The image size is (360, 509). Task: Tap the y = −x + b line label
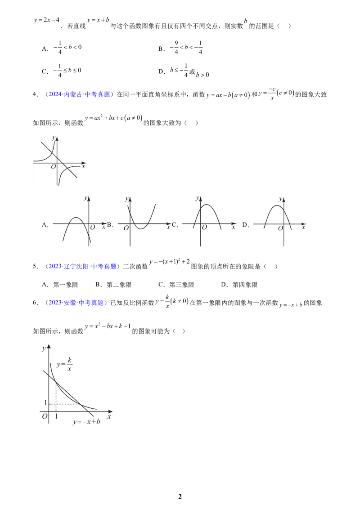pyautogui.click(x=86, y=422)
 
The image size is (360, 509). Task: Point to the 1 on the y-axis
pyautogui.click(x=45, y=403)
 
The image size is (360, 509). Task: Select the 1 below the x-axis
pyautogui.click(x=56, y=417)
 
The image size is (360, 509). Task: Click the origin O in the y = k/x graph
pyautogui.click(x=45, y=417)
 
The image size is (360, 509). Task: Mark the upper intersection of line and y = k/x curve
pyautogui.click(x=56, y=383)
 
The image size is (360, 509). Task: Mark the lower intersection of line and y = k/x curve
pyautogui.click(x=81, y=403)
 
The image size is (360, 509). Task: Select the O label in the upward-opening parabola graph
pyautogui.click(x=126, y=228)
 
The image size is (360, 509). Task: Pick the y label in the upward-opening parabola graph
pyautogui.click(x=127, y=198)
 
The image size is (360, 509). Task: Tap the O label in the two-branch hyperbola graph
pyautogui.click(x=53, y=167)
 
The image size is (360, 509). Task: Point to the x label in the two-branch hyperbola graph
pyautogui.click(x=84, y=166)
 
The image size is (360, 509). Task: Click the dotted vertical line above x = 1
pyautogui.click(x=56, y=396)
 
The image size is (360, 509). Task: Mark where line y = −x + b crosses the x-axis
pyautogui.click(x=88, y=411)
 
